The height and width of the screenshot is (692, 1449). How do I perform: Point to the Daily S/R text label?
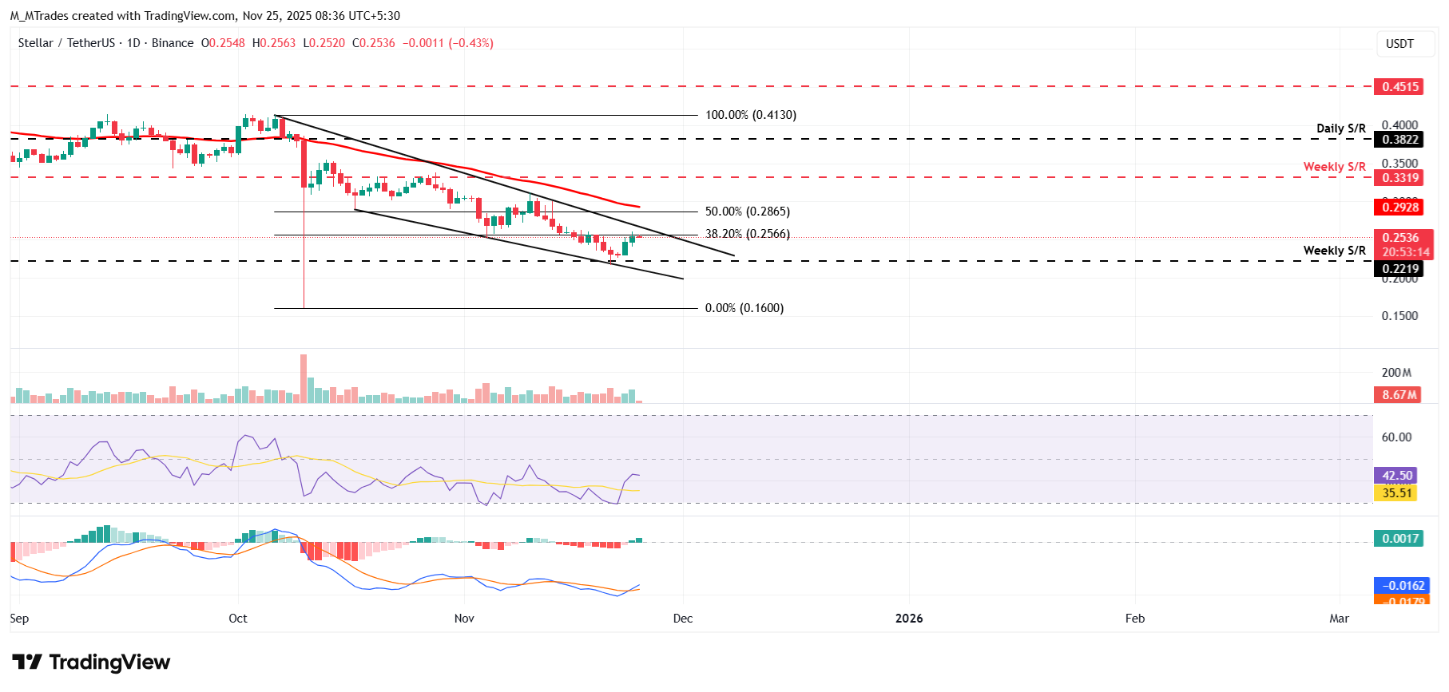(1340, 129)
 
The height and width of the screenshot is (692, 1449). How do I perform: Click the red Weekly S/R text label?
(1334, 167)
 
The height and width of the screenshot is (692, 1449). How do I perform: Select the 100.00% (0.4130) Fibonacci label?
(750, 115)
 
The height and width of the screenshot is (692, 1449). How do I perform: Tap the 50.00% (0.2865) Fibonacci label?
(747, 212)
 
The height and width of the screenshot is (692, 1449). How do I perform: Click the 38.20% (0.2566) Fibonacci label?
(747, 234)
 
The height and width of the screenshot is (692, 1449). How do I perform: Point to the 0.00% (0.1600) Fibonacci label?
(744, 308)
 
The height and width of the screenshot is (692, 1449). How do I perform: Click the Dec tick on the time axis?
(683, 619)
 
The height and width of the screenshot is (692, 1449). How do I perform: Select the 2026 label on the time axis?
(909, 619)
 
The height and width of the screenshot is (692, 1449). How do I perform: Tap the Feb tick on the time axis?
(1134, 619)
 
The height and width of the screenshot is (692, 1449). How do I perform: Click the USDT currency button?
(1399, 44)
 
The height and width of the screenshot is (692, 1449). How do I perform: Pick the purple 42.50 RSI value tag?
(1395, 476)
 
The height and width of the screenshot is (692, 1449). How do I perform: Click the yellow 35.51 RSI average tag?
(1395, 493)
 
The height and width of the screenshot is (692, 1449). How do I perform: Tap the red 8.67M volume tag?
(1399, 395)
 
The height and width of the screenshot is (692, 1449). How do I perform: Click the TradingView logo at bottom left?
(91, 662)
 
